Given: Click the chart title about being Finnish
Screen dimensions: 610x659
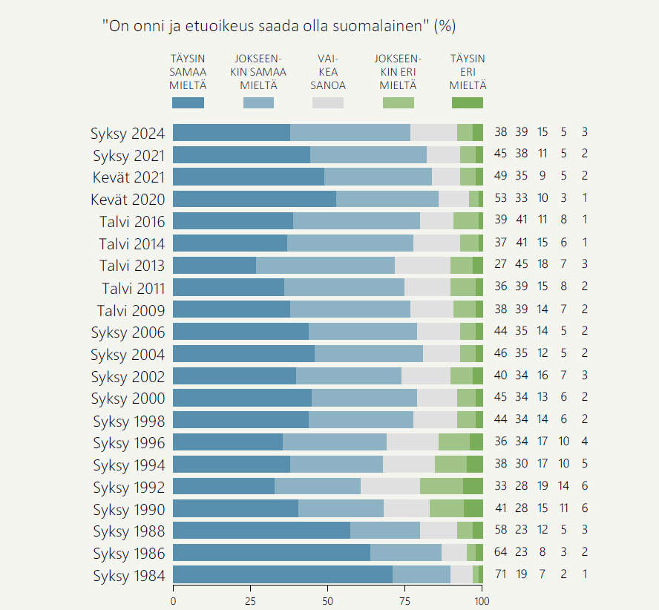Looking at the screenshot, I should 279,26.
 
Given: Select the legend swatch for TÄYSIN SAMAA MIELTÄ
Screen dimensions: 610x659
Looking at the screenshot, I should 188,103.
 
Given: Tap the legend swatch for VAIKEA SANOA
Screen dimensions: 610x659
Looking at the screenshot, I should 327,103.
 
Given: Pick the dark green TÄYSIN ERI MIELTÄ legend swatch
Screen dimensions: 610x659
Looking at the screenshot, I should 467,103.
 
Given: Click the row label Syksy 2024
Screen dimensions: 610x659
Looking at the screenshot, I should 128,134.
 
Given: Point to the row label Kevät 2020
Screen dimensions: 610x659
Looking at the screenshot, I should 128,200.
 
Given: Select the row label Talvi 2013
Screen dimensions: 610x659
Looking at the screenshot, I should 131,266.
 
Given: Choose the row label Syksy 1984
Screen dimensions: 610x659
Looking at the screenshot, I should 128,576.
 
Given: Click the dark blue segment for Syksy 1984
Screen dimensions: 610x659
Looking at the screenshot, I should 283,574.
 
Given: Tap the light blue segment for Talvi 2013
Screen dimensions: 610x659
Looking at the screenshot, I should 326,265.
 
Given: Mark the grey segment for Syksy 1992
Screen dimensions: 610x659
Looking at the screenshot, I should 390,486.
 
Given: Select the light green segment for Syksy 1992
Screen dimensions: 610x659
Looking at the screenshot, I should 442,486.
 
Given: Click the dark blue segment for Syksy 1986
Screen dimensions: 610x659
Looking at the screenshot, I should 272,553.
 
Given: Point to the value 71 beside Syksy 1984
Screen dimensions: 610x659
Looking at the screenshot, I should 501,575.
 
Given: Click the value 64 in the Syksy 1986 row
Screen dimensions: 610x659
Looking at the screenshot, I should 501,553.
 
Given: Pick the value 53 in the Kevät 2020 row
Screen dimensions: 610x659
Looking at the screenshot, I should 501,199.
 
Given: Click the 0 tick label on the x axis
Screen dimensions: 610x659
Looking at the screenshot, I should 173,600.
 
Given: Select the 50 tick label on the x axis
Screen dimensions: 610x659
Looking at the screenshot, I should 327,600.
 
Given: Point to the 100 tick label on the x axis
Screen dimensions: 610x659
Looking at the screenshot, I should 482,600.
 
